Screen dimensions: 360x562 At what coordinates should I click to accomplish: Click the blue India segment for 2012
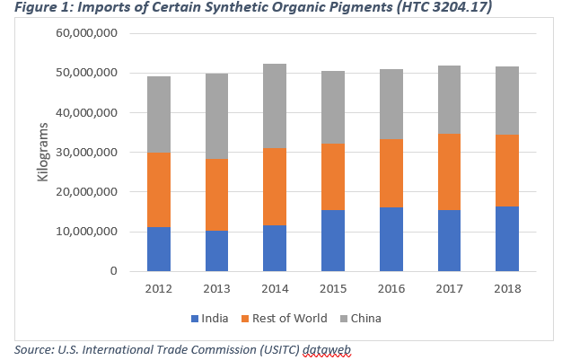point(159,249)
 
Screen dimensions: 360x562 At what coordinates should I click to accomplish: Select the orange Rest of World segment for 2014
point(275,187)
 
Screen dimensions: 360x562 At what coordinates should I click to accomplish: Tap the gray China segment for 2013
point(217,116)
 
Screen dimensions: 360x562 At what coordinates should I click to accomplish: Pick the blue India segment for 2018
point(507,239)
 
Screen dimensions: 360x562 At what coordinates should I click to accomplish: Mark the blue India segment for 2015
point(333,241)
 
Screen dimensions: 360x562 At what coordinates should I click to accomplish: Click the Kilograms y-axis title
point(42,153)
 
